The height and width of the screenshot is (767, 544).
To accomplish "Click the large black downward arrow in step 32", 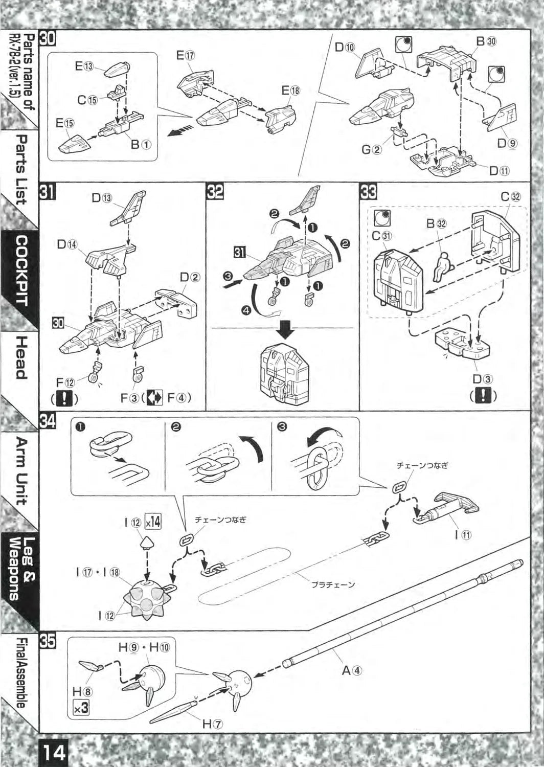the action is (285, 333).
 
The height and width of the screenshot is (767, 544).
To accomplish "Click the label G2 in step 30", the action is (371, 150).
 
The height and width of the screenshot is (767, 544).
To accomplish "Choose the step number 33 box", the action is (368, 192).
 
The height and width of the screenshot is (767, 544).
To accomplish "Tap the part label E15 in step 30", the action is (66, 123).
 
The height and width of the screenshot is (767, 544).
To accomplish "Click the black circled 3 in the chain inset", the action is (282, 427).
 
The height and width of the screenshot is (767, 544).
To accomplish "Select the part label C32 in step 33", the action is (511, 197).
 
